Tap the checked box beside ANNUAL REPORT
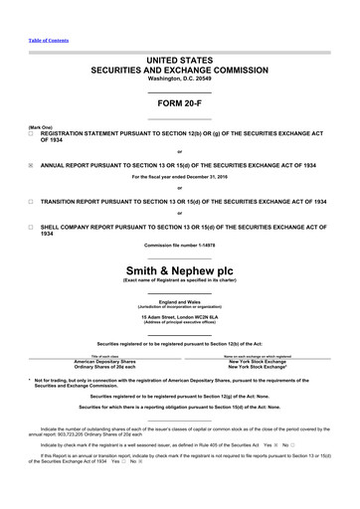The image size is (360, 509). tap(31, 165)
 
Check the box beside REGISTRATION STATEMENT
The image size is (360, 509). tap(31, 132)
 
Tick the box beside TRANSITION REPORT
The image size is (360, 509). tap(31, 200)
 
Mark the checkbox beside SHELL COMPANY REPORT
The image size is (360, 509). tap(31, 227)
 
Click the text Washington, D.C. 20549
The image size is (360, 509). tap(180, 80)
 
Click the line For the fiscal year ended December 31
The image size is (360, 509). tap(180, 177)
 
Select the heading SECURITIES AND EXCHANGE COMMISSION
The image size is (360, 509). tap(180, 72)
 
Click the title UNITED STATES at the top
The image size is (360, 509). tap(180, 62)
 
